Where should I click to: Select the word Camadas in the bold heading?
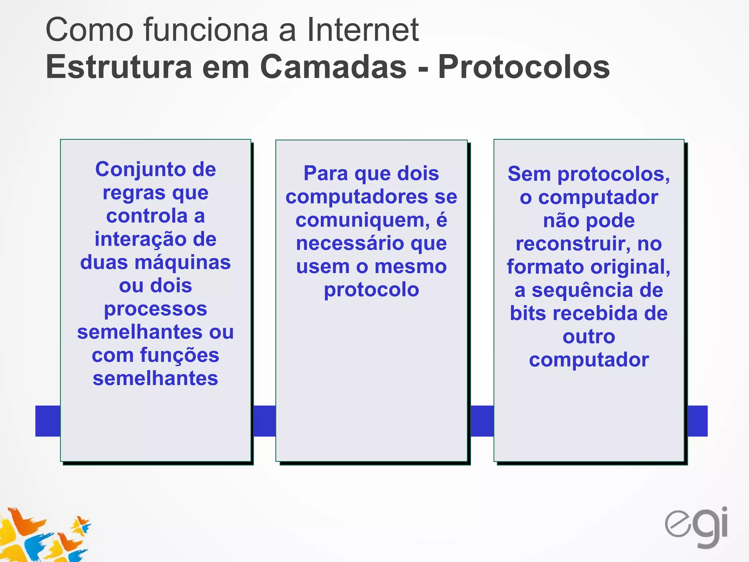[x=333, y=67]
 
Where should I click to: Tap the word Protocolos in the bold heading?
[x=524, y=67]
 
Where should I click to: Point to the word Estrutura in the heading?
[x=119, y=67]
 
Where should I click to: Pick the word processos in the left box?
[x=155, y=309]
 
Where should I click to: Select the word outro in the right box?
[x=589, y=337]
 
